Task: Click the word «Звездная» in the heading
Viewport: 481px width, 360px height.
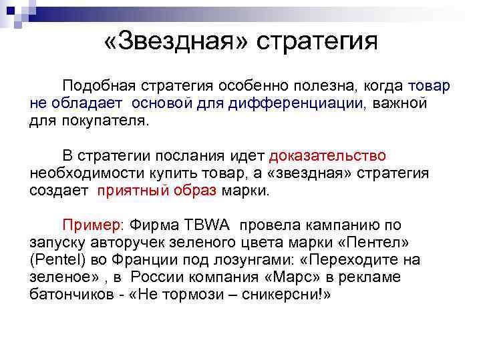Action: point(176,41)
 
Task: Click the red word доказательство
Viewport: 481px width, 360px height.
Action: point(327,156)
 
